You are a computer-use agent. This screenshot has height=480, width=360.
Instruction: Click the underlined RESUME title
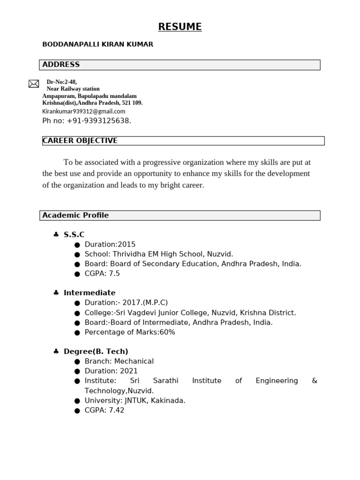click(x=180, y=27)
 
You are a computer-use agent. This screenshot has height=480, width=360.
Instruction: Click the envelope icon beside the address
click(x=34, y=84)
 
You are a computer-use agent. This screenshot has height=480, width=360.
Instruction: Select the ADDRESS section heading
click(x=61, y=65)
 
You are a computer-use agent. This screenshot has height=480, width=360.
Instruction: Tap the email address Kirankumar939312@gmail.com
click(x=84, y=111)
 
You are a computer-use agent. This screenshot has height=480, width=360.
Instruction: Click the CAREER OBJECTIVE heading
click(x=80, y=141)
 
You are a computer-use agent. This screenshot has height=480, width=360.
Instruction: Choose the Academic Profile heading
click(x=75, y=215)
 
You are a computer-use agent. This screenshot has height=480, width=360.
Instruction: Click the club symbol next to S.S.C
click(x=56, y=234)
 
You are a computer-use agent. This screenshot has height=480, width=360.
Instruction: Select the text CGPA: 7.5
click(x=102, y=273)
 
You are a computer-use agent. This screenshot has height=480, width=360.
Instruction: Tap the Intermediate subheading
click(x=90, y=293)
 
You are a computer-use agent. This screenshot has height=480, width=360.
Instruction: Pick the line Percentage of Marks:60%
click(x=130, y=332)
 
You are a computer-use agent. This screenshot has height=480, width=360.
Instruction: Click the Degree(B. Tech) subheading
click(x=96, y=352)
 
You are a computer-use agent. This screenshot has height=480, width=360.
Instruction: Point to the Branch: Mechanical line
click(x=119, y=361)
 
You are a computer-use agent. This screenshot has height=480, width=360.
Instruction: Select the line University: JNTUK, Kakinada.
click(x=135, y=400)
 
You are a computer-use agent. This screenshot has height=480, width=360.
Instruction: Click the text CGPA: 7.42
click(x=105, y=410)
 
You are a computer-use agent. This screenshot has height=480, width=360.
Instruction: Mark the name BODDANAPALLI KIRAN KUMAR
click(x=97, y=45)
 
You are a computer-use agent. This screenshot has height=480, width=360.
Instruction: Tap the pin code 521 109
click(x=132, y=103)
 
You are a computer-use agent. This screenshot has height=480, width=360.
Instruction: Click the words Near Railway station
click(x=73, y=89)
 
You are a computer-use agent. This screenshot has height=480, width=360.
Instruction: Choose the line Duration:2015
click(x=110, y=244)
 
